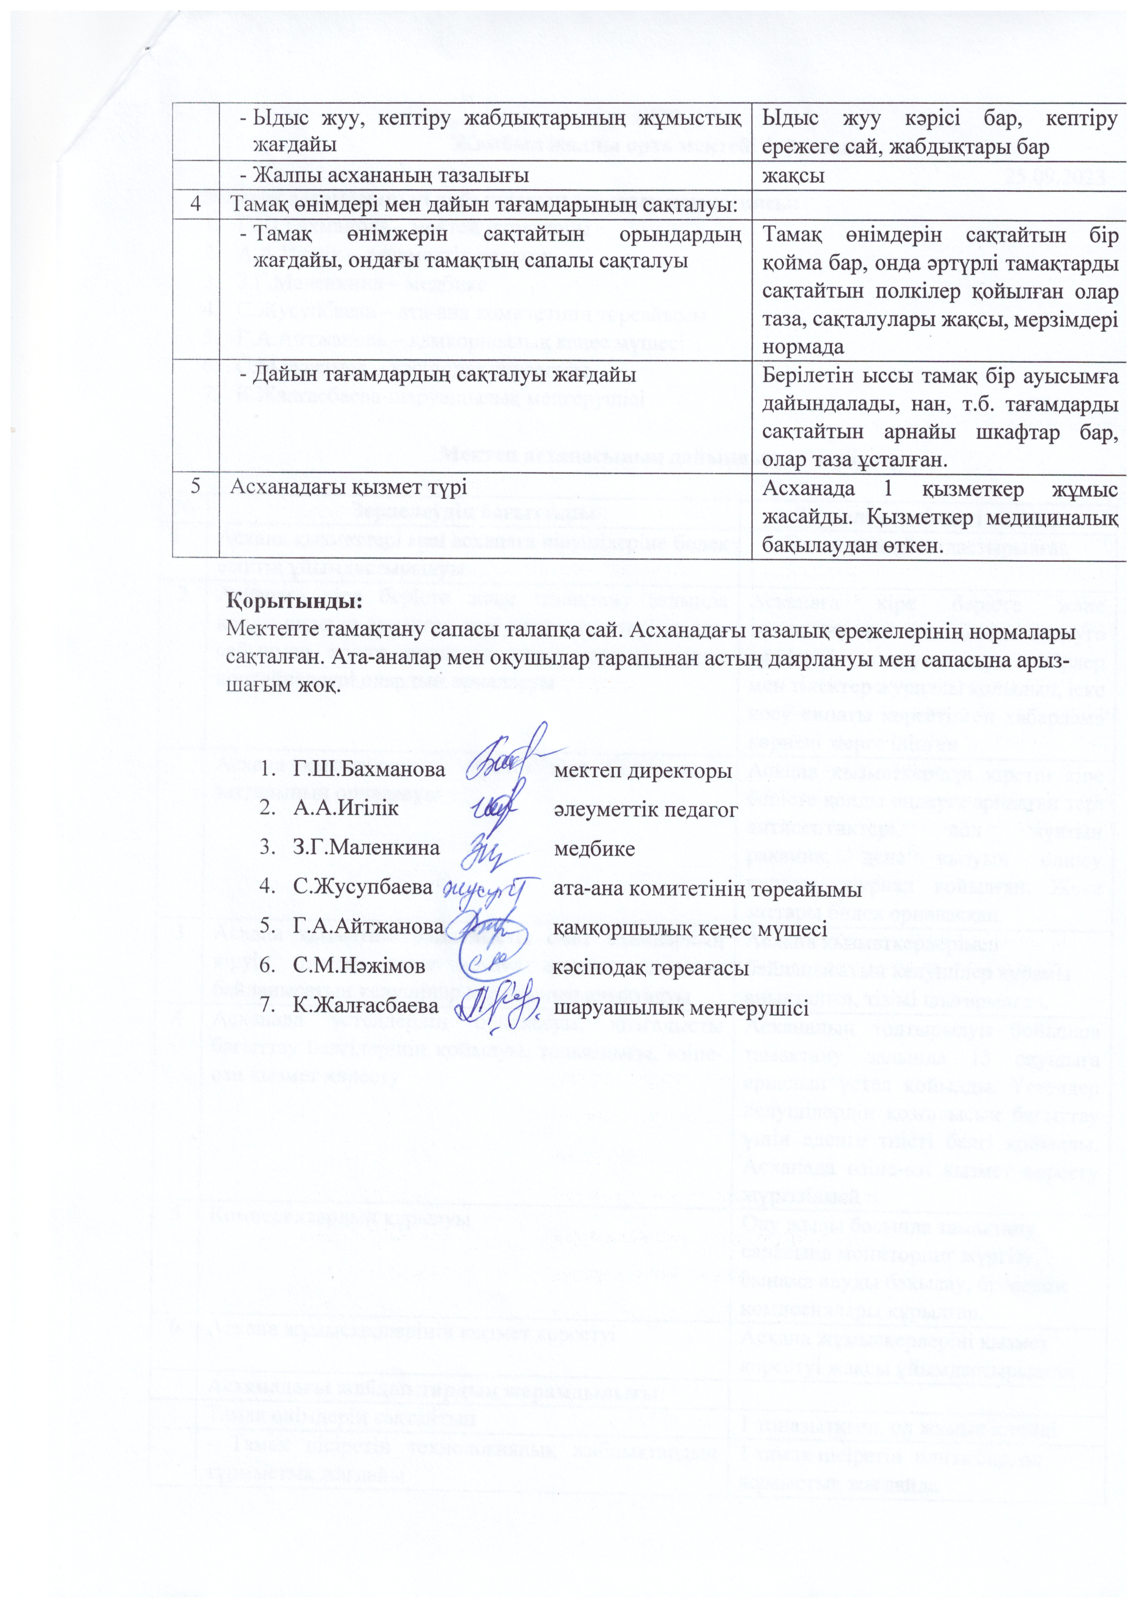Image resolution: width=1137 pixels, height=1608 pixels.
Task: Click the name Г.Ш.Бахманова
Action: tap(368, 770)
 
